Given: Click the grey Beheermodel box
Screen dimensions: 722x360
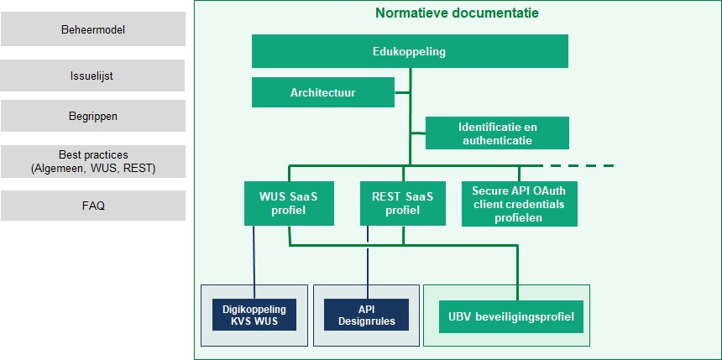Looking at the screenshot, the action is (x=93, y=29).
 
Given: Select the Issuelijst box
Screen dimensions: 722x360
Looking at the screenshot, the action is (x=92, y=76).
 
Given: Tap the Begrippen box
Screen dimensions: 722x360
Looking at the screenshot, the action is (x=93, y=116).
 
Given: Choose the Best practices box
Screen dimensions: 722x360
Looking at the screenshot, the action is (x=93, y=162).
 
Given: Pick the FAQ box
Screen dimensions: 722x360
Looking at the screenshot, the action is (x=93, y=206).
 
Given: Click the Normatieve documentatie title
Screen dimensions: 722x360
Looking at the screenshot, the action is (x=457, y=13).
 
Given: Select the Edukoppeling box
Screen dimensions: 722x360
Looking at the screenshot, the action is (x=410, y=51).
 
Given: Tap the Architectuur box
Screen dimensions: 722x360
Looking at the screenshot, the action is (x=323, y=92).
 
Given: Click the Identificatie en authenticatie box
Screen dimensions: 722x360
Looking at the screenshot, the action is (x=497, y=133).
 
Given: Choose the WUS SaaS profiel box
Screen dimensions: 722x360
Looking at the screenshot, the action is (x=289, y=203).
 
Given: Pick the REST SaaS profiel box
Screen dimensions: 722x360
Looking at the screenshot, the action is (x=403, y=203).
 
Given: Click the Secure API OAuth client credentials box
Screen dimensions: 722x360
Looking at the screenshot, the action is (x=520, y=204).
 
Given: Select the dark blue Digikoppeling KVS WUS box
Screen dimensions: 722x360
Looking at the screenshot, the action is (x=254, y=315).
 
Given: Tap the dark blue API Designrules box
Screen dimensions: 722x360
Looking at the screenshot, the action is (x=367, y=315).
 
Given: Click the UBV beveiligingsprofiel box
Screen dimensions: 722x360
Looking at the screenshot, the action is (x=511, y=316).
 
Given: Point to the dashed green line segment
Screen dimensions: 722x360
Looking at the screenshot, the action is (x=578, y=165).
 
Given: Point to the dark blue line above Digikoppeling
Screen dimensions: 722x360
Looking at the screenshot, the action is (x=254, y=263).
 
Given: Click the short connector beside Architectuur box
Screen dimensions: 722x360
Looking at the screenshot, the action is (x=402, y=92).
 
